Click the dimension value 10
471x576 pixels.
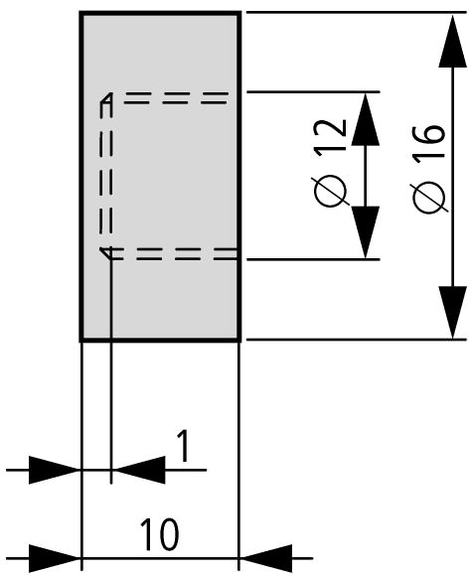point(159,533)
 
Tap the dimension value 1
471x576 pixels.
point(183,446)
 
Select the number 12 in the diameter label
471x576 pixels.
point(331,136)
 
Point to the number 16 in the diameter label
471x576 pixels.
point(429,144)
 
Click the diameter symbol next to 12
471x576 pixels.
point(331,191)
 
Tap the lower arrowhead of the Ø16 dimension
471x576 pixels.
point(452,313)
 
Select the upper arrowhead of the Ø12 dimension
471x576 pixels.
point(366,119)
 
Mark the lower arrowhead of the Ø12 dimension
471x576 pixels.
point(366,232)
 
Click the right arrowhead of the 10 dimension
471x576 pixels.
point(266,558)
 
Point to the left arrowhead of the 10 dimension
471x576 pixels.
point(55,558)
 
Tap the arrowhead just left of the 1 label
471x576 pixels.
point(139,470)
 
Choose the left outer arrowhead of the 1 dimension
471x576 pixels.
point(55,470)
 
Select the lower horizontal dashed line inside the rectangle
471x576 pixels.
point(174,254)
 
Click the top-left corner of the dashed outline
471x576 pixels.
point(106,98)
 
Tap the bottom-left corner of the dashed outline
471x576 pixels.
point(106,253)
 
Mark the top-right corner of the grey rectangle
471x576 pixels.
point(240,13)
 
